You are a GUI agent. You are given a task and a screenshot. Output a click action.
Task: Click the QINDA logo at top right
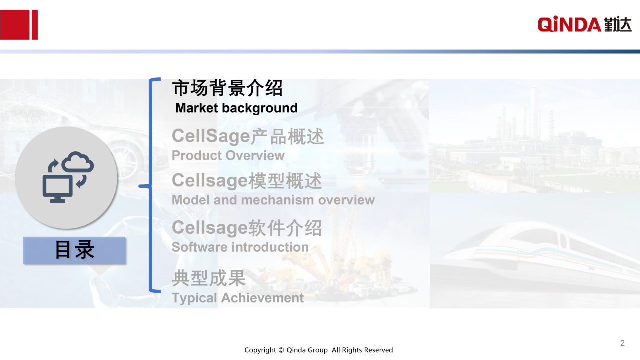[584, 24]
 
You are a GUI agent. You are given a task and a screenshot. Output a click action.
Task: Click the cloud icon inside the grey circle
[77, 162]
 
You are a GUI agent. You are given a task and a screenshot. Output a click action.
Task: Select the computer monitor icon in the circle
[58, 189]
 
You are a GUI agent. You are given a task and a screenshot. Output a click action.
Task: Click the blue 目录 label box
[74, 250]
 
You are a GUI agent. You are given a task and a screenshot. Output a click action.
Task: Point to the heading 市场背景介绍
[227, 88]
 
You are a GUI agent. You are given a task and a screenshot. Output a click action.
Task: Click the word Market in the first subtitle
[197, 108]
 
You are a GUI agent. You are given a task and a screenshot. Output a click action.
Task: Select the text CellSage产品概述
[248, 136]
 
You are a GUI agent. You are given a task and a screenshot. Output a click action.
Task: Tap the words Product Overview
[228, 155]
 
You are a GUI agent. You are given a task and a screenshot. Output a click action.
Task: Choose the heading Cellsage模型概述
[247, 181]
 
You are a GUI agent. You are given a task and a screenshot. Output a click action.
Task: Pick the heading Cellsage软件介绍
[247, 228]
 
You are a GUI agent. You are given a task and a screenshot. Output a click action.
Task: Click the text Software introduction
[240, 247]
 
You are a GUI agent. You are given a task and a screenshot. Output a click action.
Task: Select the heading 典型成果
[209, 278]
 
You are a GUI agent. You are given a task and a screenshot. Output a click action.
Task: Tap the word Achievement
[262, 298]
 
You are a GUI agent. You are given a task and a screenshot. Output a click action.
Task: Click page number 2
[622, 343]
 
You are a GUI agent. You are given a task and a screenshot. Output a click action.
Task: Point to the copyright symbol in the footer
[281, 350]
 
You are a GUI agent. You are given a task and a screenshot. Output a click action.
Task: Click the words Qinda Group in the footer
[307, 350]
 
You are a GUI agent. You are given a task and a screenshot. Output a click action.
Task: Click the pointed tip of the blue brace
[139, 186]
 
